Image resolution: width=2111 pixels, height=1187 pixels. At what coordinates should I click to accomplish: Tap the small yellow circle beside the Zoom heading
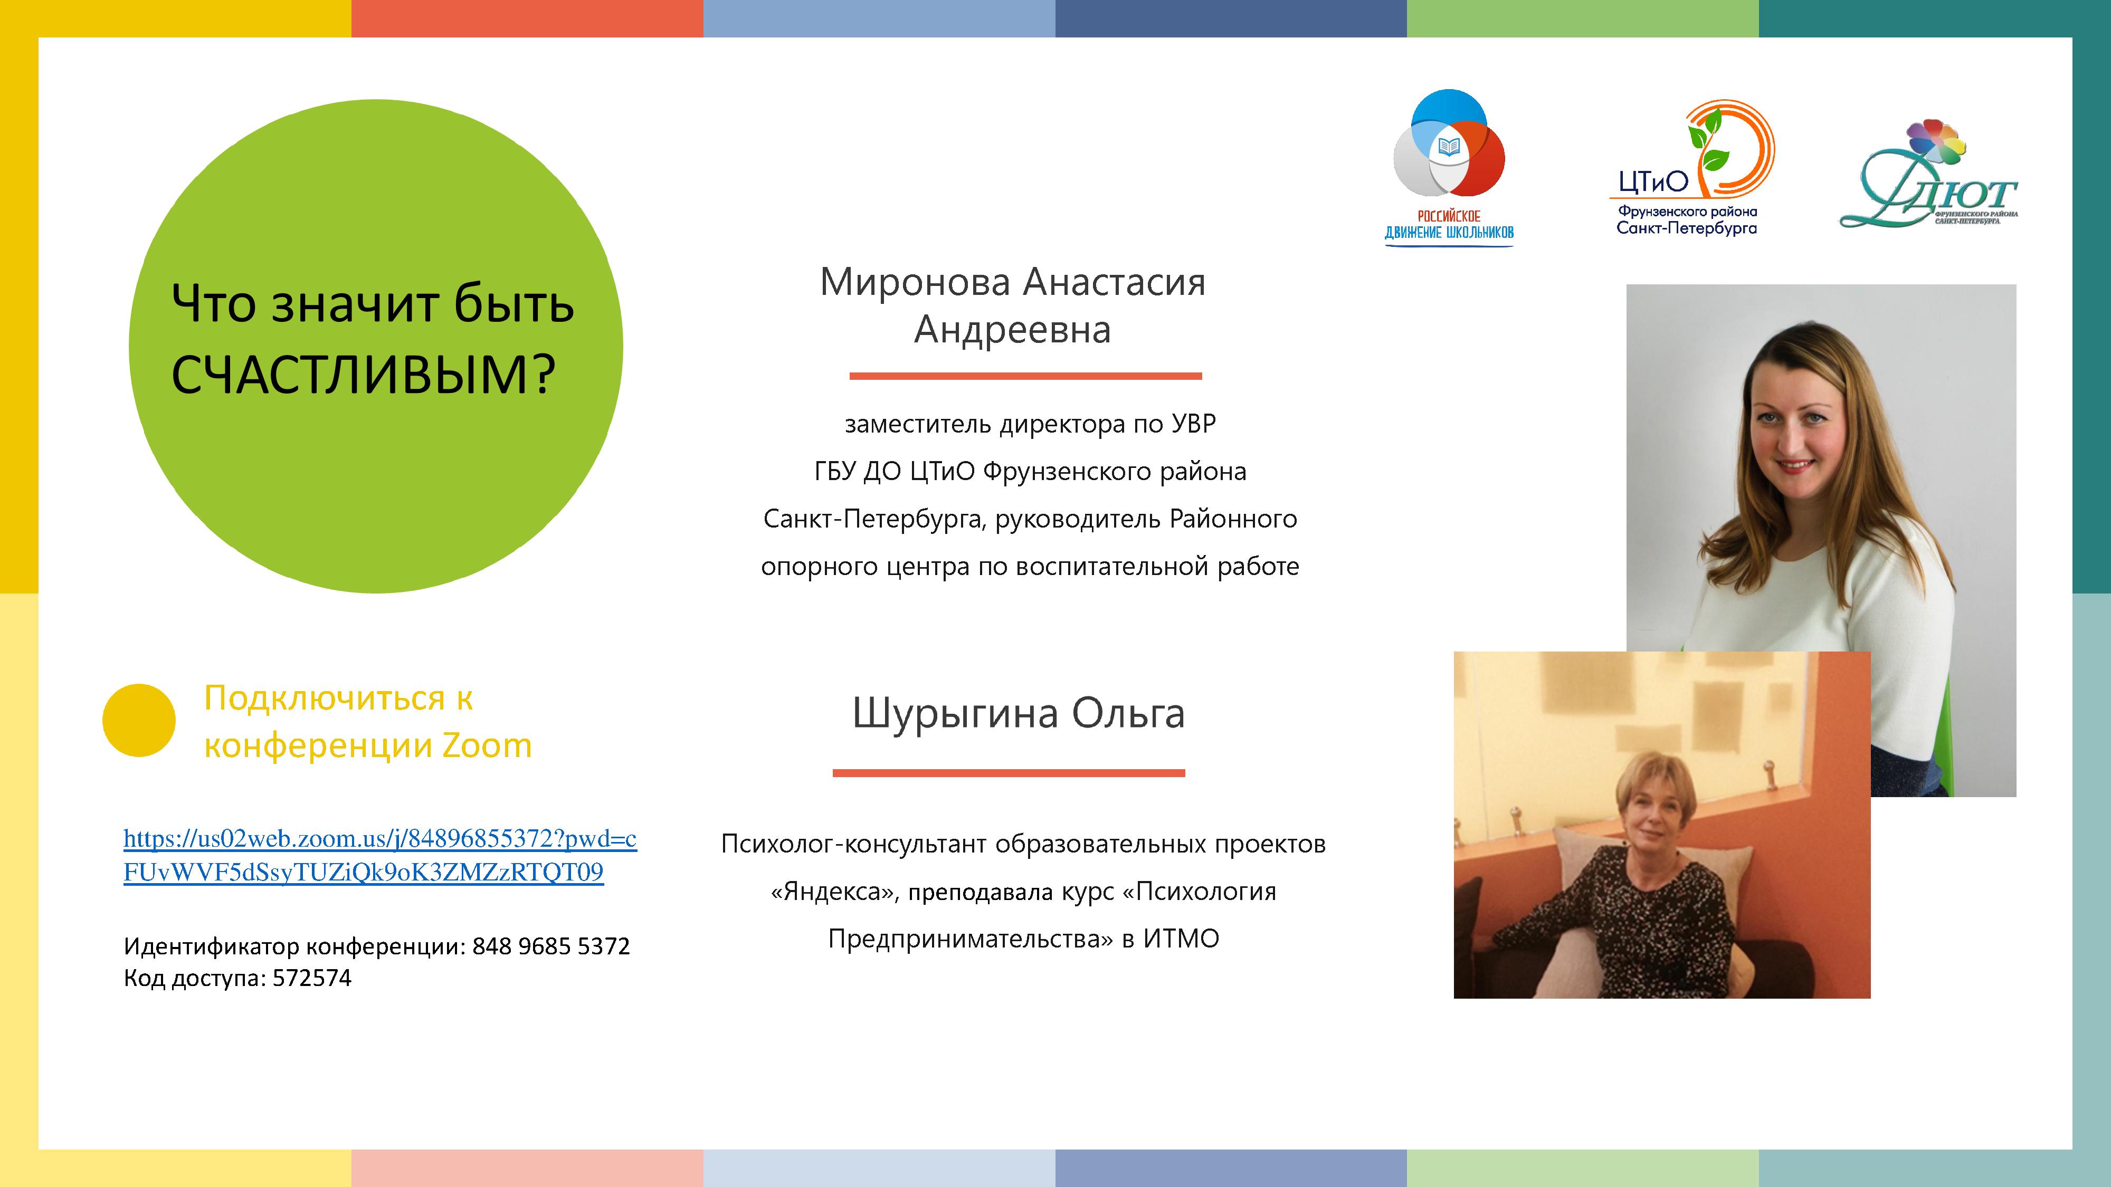pyautogui.click(x=138, y=720)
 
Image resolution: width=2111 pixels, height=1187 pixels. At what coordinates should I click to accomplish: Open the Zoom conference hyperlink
pyautogui.click(x=379, y=855)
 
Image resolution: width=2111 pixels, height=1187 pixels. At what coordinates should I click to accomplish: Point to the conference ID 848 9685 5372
pyautogui.click(x=550, y=946)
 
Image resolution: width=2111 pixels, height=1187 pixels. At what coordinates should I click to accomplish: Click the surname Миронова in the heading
pyautogui.click(x=915, y=282)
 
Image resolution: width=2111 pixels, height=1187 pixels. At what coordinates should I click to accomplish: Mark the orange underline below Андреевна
pyautogui.click(x=1025, y=376)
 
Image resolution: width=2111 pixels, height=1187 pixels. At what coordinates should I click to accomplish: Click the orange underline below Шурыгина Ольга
pyautogui.click(x=1009, y=772)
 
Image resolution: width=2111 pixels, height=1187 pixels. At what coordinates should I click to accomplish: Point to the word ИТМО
pyautogui.click(x=1181, y=938)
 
